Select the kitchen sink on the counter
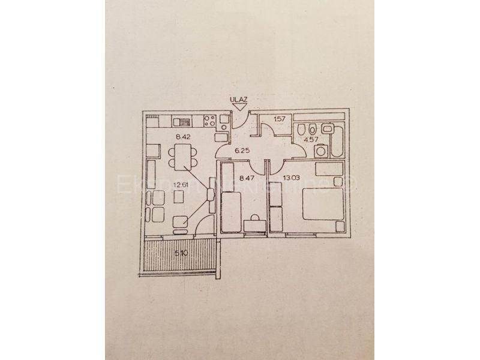(x=182, y=122)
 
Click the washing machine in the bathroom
(x=322, y=151)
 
